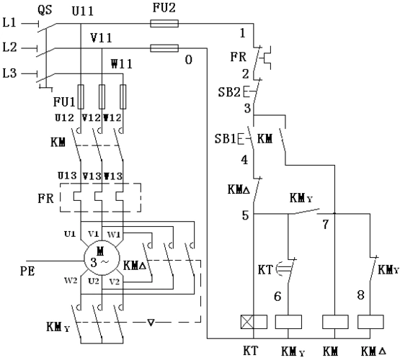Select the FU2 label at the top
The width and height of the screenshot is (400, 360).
click(x=164, y=8)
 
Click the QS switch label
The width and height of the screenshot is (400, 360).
click(x=45, y=10)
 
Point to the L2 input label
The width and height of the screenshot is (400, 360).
click(x=9, y=48)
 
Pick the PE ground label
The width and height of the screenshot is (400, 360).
click(x=27, y=271)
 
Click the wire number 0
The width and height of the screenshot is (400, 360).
click(x=189, y=60)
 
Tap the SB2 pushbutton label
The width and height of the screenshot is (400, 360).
click(x=229, y=92)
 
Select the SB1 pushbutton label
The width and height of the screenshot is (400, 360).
click(x=226, y=138)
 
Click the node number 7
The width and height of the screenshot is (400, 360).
click(x=326, y=225)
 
